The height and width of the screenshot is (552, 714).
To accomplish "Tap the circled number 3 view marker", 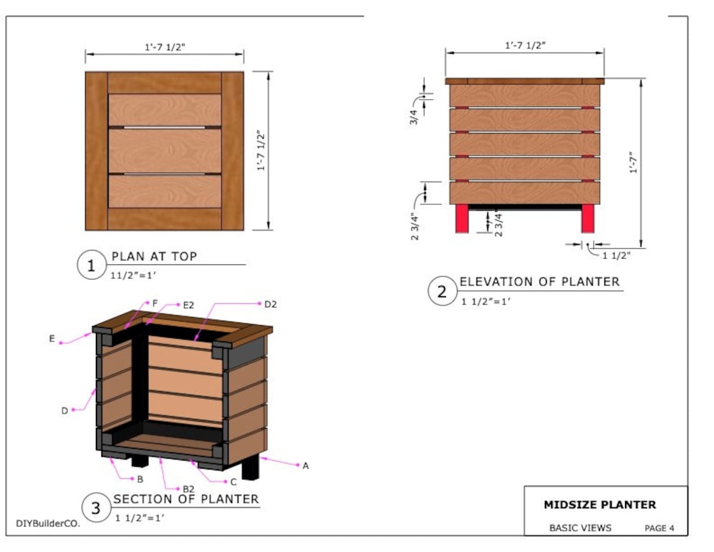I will point(96,508).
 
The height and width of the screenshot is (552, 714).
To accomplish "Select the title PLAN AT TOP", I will point(154,256).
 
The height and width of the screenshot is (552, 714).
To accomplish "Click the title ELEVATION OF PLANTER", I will point(539,282).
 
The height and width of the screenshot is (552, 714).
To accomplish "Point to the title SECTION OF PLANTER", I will point(185,499).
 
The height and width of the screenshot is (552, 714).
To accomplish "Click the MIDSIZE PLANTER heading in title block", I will point(599,504).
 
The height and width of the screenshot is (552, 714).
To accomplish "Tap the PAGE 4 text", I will point(659,528).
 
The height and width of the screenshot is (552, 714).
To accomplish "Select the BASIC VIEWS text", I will point(580,528).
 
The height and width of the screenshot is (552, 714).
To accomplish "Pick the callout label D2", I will point(270,305).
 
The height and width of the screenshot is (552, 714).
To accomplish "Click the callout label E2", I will point(188,305).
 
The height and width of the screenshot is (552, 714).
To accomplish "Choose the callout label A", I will point(306,466).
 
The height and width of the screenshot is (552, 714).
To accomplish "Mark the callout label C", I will point(233,481).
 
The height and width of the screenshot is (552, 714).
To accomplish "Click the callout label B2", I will point(187,489).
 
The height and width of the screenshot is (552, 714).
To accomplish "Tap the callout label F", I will point(155,303).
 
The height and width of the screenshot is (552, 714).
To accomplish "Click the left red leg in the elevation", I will point(462,219).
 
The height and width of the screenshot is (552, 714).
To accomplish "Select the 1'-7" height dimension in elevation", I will point(633,162).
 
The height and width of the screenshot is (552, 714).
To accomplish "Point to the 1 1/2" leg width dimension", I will point(616,255).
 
